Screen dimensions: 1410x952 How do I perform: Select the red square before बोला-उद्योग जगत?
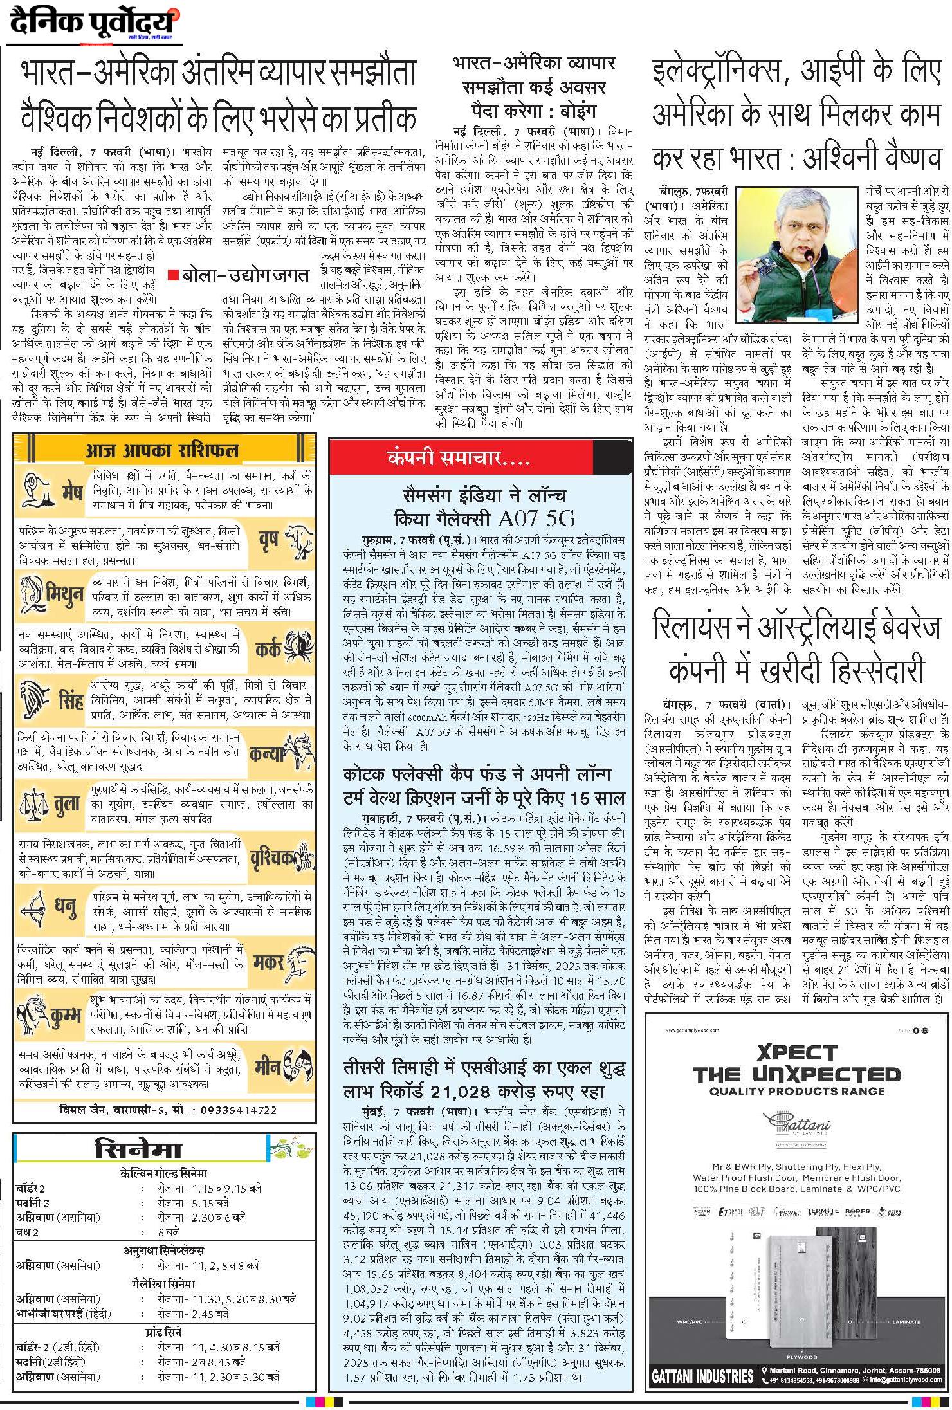click(172, 275)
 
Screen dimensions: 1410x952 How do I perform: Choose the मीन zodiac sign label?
click(267, 1064)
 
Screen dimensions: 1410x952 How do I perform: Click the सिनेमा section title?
click(138, 1149)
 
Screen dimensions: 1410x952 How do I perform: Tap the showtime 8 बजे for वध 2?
click(169, 1232)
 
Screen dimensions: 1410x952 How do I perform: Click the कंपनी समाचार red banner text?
click(458, 457)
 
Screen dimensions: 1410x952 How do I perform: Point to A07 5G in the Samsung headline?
click(536, 518)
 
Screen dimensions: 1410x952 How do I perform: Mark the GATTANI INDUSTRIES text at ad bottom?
click(702, 1375)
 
